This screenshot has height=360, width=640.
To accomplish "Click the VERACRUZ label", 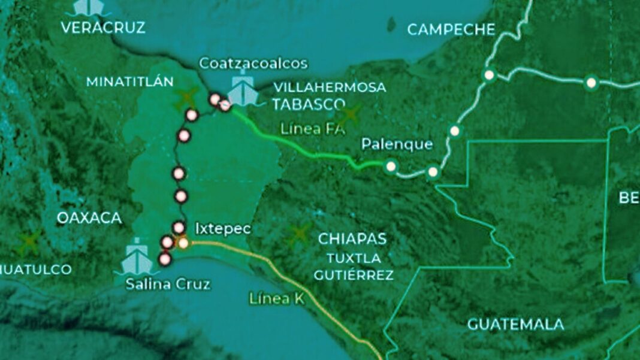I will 103,28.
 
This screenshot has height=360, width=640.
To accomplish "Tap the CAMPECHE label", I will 451,29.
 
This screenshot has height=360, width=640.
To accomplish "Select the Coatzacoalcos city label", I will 253,63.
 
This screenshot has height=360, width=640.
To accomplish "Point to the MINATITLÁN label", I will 130,81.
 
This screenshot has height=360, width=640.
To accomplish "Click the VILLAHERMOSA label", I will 329,87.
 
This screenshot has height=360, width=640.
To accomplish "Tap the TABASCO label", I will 309,104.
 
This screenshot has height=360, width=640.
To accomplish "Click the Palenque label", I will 397,144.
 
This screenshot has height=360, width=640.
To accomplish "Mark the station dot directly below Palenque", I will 391,167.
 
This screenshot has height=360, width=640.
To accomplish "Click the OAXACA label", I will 89,218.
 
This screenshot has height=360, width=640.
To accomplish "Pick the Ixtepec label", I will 223,228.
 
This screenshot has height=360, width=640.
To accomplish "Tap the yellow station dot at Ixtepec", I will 183,243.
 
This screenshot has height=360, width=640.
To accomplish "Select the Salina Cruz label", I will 168,284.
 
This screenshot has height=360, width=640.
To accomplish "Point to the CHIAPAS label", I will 352,238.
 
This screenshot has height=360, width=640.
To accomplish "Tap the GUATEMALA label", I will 515,325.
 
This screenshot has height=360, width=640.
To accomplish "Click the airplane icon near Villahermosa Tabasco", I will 349,114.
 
